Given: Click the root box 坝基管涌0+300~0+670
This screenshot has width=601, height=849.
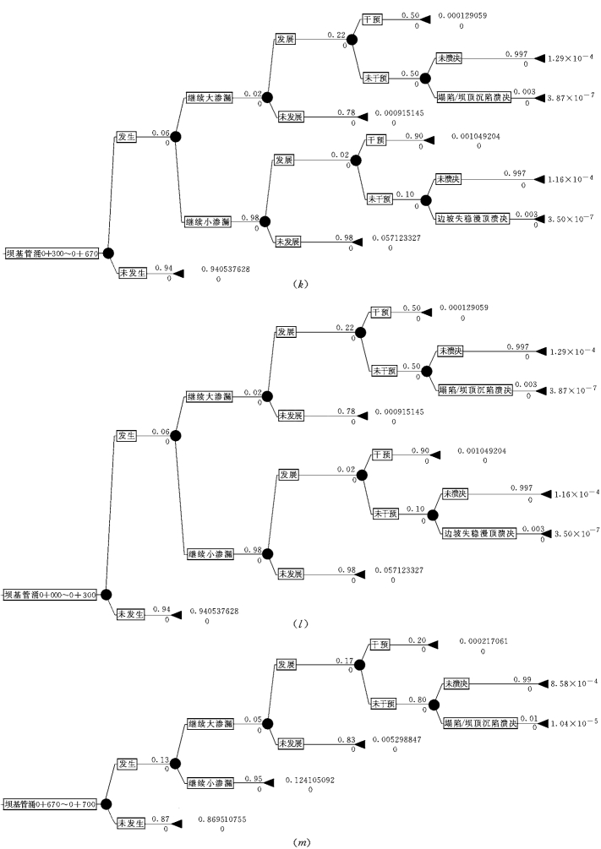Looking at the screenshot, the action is point(52,252).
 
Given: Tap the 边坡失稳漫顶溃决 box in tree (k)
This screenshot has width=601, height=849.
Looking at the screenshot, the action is point(473,219).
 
